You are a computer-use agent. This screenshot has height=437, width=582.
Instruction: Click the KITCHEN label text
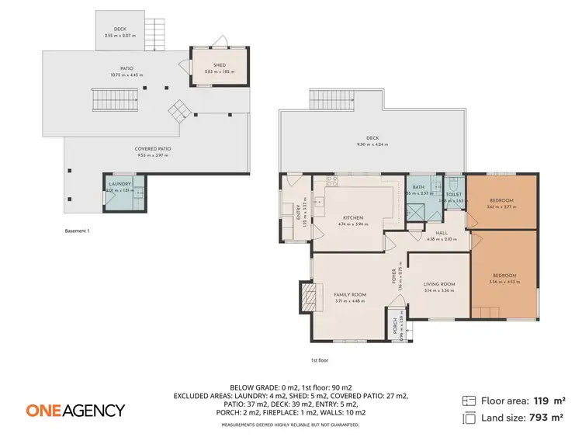pyautogui.click(x=352, y=218)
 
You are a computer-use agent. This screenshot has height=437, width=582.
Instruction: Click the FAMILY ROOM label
pyautogui.click(x=349, y=295)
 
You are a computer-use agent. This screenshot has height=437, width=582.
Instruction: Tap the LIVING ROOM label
pyautogui.click(x=439, y=284)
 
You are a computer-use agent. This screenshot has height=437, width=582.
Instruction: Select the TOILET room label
pyautogui.click(x=454, y=195)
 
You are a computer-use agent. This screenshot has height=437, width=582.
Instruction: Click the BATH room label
pyautogui.click(x=419, y=188)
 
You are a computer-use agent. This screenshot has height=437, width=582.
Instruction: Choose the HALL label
pyautogui.click(x=442, y=232)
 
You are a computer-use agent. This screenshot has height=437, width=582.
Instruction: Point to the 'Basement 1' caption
pyautogui.click(x=78, y=231)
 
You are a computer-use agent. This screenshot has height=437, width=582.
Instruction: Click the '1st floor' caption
pyautogui.click(x=319, y=360)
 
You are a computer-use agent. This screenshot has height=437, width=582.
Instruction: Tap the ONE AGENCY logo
pyautogui.click(x=75, y=410)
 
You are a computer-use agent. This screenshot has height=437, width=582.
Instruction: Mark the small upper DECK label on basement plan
pyautogui.click(x=120, y=30)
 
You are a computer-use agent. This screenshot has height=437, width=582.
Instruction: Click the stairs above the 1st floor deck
pyautogui.click(x=334, y=99)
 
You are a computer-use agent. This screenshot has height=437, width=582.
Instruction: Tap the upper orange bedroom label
pyautogui.click(x=501, y=200)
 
